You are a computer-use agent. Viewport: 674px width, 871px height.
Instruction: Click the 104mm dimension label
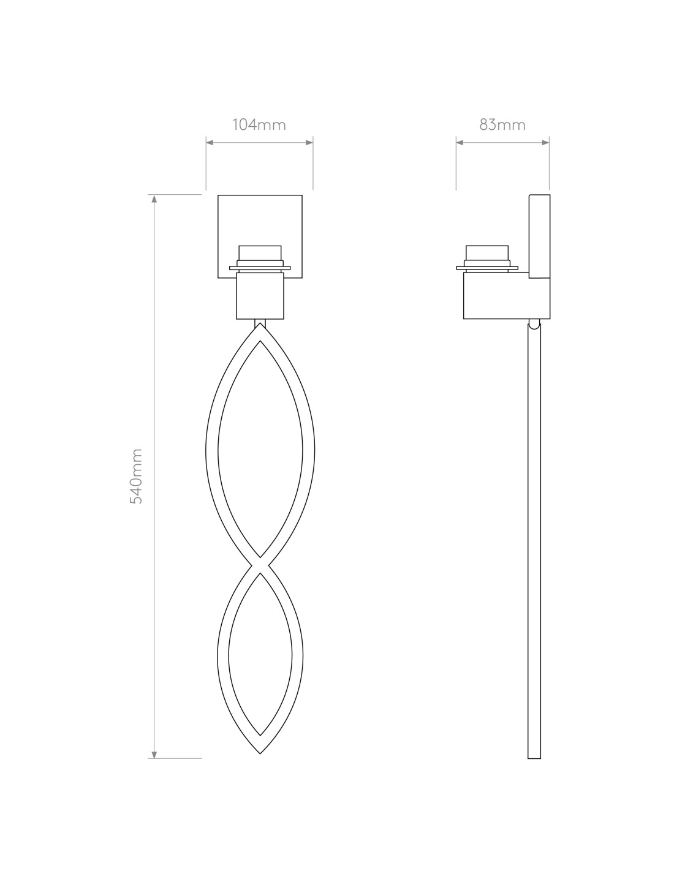tap(259, 125)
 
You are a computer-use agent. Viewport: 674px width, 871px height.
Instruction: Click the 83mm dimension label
tap(502, 125)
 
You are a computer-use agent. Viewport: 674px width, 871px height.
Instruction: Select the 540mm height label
tap(136, 476)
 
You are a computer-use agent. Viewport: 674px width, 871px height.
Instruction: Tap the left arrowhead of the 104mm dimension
tap(210, 142)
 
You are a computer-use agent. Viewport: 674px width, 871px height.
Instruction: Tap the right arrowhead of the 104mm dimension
tap(309, 142)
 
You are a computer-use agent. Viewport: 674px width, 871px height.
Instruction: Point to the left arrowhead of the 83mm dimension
tap(460, 142)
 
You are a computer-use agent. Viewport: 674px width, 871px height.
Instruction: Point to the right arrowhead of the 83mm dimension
tap(545, 142)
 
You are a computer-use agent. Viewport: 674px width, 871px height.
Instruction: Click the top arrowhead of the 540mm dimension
tap(154, 198)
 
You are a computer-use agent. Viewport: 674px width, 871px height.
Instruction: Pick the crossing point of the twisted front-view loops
tap(260, 565)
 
